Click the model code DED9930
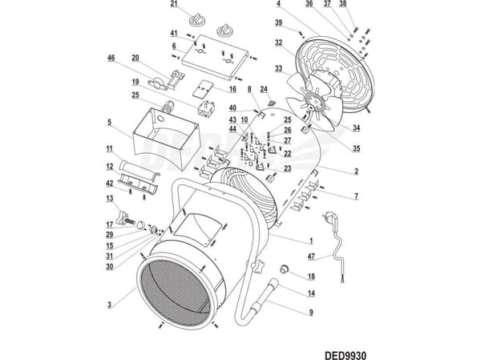pyautogui.click(x=346, y=355)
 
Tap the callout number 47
pyautogui.click(x=311, y=256)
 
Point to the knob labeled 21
pyautogui.click(x=197, y=19)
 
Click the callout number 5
pyautogui.click(x=110, y=123)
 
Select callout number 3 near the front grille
pyautogui.click(x=110, y=305)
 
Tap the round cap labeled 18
pyautogui.click(x=285, y=269)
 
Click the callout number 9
pyautogui.click(x=311, y=313)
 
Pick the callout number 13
pyautogui.click(x=110, y=199)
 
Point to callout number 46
pyautogui.click(x=111, y=58)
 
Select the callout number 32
pyautogui.click(x=278, y=42)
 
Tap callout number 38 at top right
pyautogui.click(x=342, y=4)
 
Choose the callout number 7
pyautogui.click(x=356, y=196)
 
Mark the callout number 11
pyautogui.click(x=110, y=149)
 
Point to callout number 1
pyautogui.click(x=311, y=241)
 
